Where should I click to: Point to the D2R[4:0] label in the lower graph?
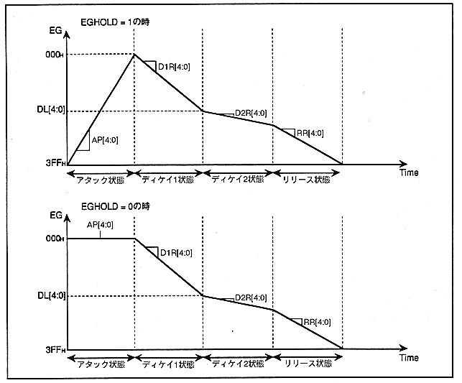point(251,298)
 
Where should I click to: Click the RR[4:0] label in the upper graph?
point(310,133)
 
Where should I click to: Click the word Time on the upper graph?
point(408,173)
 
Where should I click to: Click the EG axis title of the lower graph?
point(55,216)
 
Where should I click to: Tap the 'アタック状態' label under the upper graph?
point(101,175)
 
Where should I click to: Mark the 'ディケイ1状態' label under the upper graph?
point(170,175)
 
